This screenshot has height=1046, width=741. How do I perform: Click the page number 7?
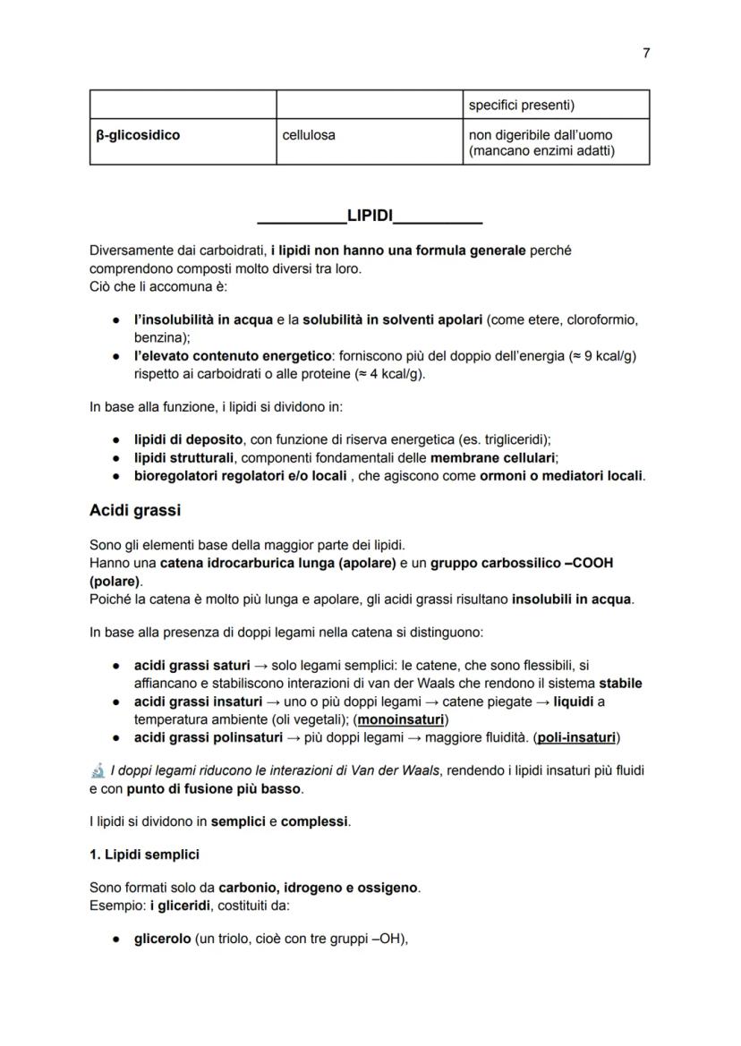pyautogui.click(x=646, y=53)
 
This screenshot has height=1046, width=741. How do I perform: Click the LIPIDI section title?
pyautogui.click(x=370, y=217)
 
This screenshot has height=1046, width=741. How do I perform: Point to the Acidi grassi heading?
pyautogui.click(x=135, y=510)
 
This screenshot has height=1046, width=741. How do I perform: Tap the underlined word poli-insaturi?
pyautogui.click(x=576, y=737)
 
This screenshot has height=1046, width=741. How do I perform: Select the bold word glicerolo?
pyautogui.click(x=163, y=940)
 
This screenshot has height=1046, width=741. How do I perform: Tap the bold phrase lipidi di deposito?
pyautogui.click(x=188, y=439)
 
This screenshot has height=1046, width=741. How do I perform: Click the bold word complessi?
pyautogui.click(x=315, y=821)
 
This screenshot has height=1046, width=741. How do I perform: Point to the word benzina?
pyautogui.click(x=156, y=337)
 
